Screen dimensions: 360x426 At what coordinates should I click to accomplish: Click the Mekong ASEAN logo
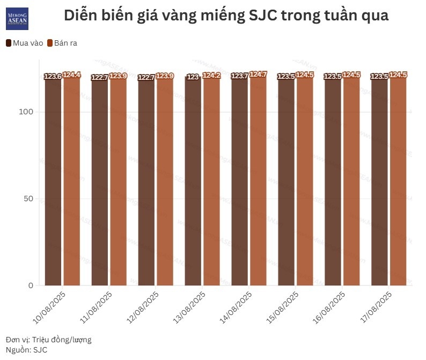tap(18, 18)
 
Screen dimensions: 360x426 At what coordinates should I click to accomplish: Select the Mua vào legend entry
tap(25, 43)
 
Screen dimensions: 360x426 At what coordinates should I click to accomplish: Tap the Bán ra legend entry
tap(62, 43)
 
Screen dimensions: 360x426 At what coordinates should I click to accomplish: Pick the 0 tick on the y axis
tap(31, 285)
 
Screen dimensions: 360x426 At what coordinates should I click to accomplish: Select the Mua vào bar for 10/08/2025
tap(53, 182)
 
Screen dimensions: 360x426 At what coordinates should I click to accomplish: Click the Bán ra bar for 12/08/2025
tap(165, 182)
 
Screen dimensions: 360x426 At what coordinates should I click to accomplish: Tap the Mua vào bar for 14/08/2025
tap(239, 182)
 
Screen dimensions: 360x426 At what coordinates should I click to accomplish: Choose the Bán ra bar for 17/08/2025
tap(398, 182)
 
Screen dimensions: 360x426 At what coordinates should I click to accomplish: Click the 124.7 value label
tap(259, 75)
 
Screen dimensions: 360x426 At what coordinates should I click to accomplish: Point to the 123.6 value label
tap(53, 77)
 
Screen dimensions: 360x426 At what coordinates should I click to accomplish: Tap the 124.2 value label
tap(211, 76)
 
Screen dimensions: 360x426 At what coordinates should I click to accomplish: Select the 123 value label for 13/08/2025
tap(193, 77)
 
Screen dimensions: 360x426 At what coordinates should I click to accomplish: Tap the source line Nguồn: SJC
tap(26, 350)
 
